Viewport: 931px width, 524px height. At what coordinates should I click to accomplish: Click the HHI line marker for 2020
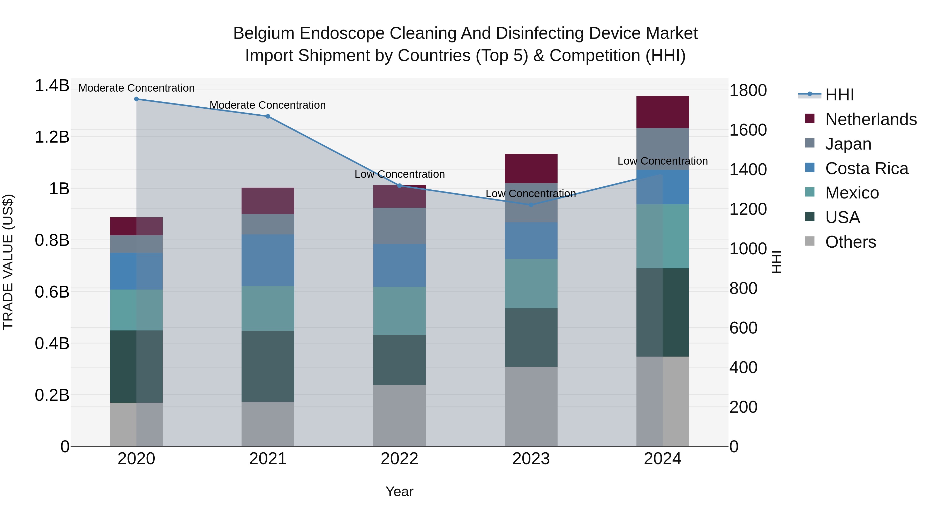[x=136, y=99]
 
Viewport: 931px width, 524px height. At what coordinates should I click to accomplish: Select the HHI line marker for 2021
[x=268, y=116]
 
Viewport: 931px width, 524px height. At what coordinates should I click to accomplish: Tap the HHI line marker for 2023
[x=531, y=205]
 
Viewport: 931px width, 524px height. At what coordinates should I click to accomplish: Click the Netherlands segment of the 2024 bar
[x=663, y=112]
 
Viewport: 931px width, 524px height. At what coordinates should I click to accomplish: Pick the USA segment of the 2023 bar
[x=531, y=337]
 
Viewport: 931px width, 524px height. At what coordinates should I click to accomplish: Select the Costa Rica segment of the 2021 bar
[x=268, y=260]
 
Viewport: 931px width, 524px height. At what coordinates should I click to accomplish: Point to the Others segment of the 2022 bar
[x=399, y=416]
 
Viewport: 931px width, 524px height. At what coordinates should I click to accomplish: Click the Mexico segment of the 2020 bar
[x=136, y=310]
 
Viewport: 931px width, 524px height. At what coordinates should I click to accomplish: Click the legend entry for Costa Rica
[x=866, y=168]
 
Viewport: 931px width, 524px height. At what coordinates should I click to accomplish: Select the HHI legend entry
[x=839, y=95]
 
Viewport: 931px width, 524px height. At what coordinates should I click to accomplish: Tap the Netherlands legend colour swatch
[x=809, y=119]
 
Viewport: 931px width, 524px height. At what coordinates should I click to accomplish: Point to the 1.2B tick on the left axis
[x=52, y=137]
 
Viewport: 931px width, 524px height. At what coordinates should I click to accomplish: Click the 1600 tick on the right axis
[x=748, y=130]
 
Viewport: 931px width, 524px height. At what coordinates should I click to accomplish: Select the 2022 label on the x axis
[x=399, y=459]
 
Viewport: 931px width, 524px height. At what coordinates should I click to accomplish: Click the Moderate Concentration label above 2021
[x=268, y=105]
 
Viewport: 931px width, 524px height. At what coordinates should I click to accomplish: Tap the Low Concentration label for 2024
[x=663, y=161]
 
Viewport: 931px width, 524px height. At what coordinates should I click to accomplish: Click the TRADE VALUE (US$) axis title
[x=8, y=262]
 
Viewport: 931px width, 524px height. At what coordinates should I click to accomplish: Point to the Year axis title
[x=399, y=491]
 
